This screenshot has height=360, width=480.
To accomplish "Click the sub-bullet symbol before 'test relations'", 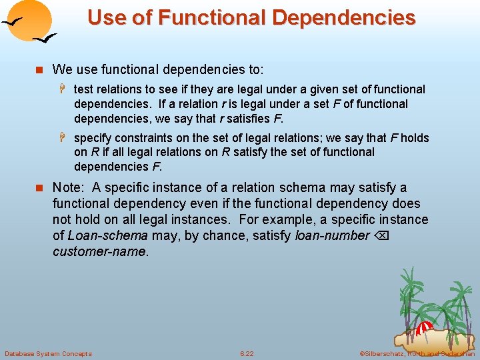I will (x=65, y=89).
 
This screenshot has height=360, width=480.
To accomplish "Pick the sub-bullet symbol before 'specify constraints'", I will (x=65, y=138).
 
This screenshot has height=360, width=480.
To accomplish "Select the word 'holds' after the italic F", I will (x=414, y=138).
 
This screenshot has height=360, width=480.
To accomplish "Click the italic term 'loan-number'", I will (x=331, y=235).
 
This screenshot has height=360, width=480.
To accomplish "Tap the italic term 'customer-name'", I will (x=99, y=251).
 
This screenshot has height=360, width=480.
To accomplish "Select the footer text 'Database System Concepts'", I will (x=48, y=353).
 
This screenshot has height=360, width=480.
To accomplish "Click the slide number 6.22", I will (x=247, y=353).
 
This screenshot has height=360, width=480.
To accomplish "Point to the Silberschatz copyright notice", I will (x=416, y=353).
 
